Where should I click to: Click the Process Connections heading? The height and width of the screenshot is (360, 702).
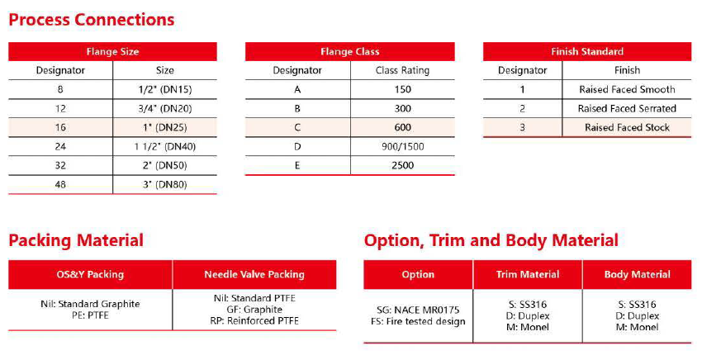tap(92, 20)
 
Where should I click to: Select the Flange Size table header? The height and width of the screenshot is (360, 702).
tap(112, 51)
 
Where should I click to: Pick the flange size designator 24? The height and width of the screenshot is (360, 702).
tap(60, 146)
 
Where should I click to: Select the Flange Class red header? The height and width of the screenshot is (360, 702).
tap(349, 51)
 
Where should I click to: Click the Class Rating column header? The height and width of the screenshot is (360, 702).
tap(402, 70)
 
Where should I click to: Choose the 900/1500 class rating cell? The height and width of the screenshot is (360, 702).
tap(402, 146)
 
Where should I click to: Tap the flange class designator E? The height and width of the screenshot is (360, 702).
tap(297, 165)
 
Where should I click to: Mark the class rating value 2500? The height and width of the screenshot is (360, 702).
tap(402, 165)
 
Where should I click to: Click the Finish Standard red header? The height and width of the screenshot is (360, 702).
tap(586, 51)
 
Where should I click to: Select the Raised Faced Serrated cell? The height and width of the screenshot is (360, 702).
tap(627, 108)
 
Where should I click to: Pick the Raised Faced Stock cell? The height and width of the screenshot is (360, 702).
tap(627, 127)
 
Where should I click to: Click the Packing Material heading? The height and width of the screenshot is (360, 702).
tap(76, 241)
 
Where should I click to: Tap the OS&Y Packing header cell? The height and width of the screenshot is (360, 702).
tap(90, 274)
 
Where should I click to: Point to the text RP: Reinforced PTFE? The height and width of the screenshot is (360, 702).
tap(254, 321)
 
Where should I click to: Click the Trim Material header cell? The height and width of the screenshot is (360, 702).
tap(527, 274)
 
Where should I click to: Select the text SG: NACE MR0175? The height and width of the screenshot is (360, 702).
tap(418, 310)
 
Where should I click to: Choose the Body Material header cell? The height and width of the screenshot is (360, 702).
tap(637, 274)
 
